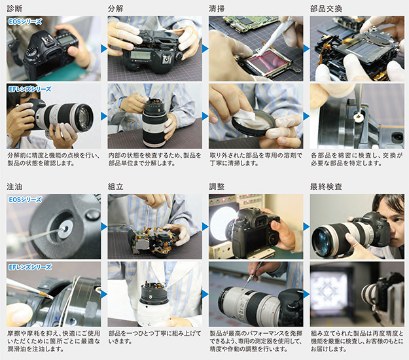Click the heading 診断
pyautogui.click(x=14, y=9)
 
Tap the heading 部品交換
pyautogui.click(x=326, y=9)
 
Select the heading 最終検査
pyautogui.click(x=326, y=187)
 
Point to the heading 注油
pyautogui.click(x=14, y=187)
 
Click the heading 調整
pyautogui.click(x=217, y=187)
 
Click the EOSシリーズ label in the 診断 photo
pyautogui.click(x=25, y=22)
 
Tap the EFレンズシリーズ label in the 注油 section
pyautogui.click(x=30, y=267)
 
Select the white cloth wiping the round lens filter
pyautogui.click(x=245, y=118)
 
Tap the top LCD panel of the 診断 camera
pyautogui.click(x=65, y=40)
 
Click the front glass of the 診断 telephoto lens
pyautogui.click(x=84, y=118)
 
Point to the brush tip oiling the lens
pyautogui.click(x=50, y=297)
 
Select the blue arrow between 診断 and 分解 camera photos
pyautogui.click(x=104, y=48)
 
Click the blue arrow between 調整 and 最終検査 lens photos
pyautogui.click(x=306, y=295)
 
